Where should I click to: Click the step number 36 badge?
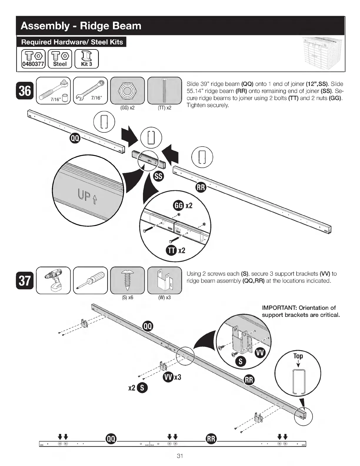25,91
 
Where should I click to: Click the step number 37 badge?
25,280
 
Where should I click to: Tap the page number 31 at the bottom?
180,456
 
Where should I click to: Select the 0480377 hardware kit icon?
34,59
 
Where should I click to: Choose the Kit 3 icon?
86,59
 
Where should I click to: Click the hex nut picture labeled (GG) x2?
127,91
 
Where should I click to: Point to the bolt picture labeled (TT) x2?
164,91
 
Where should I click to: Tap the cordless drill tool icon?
53,280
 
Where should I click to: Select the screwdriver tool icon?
90,280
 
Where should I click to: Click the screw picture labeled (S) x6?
127,280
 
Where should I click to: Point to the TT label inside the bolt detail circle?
171,250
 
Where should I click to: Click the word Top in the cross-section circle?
298,356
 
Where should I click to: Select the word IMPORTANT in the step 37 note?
279,308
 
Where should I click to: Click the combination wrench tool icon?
90,91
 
